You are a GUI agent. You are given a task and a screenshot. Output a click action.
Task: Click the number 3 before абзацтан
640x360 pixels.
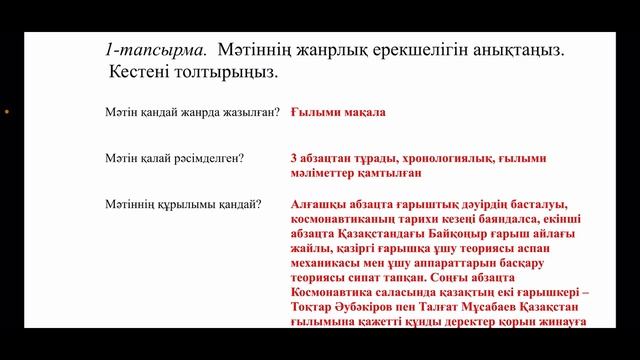[291, 158]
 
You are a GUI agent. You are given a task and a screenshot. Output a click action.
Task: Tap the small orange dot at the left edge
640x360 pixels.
[7, 112]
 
